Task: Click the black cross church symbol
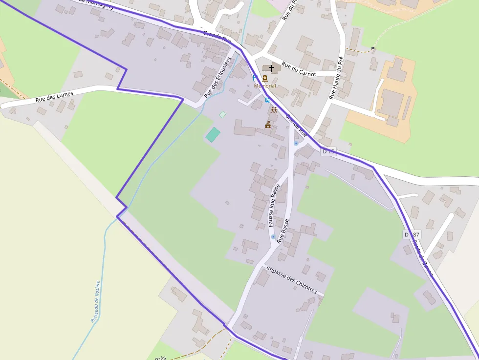click(272, 68)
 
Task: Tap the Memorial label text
click(265, 86)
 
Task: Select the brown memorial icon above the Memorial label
click(265, 79)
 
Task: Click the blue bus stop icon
click(267, 100)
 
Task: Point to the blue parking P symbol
click(255, 77)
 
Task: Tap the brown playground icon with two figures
click(274, 110)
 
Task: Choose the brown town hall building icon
click(268, 125)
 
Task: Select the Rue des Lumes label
click(54, 97)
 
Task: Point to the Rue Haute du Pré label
click(336, 78)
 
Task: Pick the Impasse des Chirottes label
click(292, 280)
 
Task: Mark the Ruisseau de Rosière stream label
click(96, 301)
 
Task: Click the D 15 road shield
click(329, 152)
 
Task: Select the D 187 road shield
click(412, 234)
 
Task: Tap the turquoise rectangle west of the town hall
click(213, 134)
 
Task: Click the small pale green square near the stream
click(223, 114)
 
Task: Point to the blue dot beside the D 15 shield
click(296, 143)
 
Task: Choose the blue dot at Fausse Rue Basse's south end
click(273, 236)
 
